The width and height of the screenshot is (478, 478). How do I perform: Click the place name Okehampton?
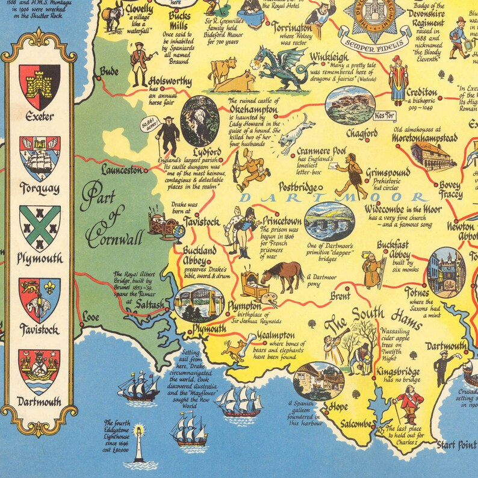coord(253,111)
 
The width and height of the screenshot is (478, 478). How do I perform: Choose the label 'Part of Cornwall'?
coord(114,217)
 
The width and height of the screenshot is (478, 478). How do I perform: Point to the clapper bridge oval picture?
coord(329,221)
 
